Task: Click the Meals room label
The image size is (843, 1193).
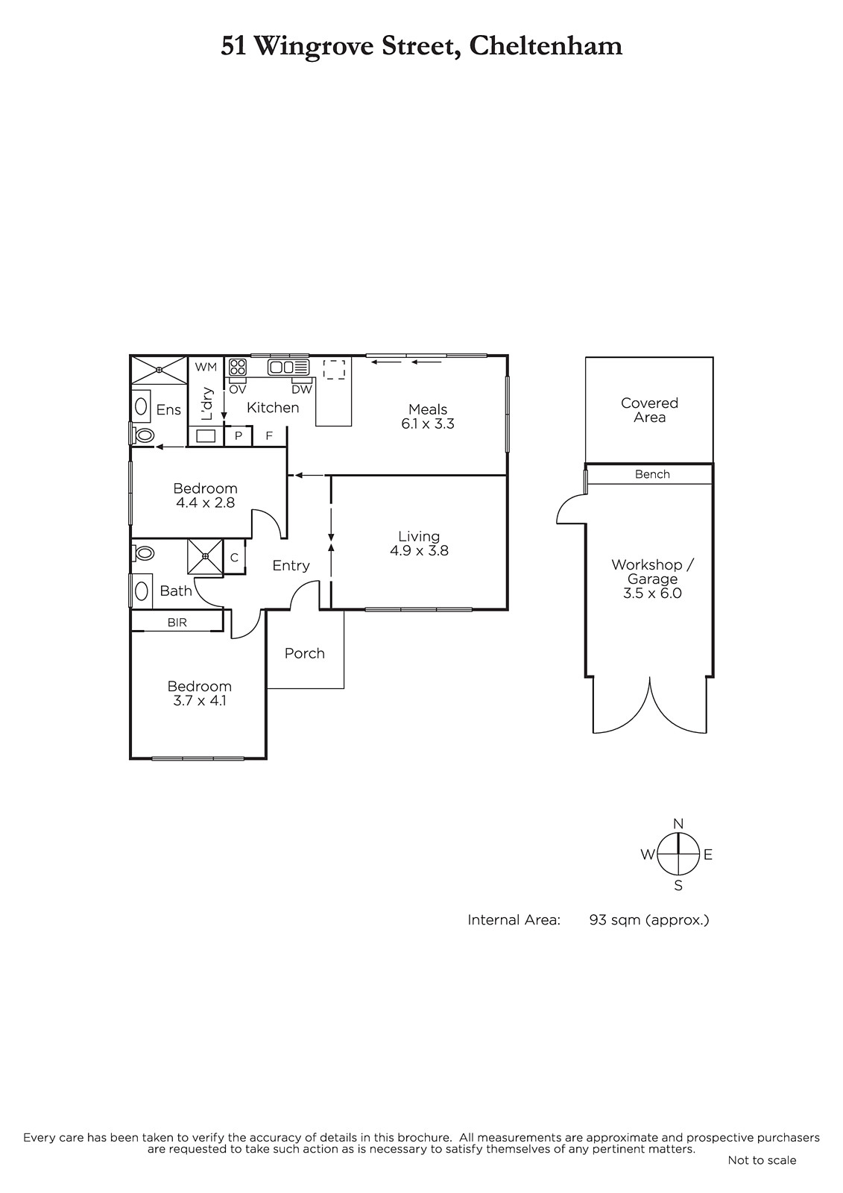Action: point(428,409)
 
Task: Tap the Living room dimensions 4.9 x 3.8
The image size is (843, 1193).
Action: point(419,551)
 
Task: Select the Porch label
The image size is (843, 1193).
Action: point(305,653)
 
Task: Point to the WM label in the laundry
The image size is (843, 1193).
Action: point(206,367)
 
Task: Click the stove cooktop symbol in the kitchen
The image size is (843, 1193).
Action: point(238,368)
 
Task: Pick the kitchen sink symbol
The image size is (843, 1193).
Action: point(288,368)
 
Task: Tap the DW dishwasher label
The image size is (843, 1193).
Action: point(302,389)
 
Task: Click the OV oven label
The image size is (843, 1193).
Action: point(238,389)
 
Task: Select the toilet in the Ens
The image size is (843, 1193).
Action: point(142,435)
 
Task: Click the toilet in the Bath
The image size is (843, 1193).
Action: point(142,553)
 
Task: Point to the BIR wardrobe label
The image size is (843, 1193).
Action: point(177,622)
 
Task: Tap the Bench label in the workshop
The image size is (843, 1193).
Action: point(652,474)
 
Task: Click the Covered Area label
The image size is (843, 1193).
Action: point(650,409)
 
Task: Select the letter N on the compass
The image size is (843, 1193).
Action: point(678,824)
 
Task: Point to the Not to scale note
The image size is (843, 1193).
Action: point(762,1160)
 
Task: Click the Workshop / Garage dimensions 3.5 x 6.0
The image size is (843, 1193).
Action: point(652,594)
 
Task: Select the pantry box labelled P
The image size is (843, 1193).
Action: point(238,435)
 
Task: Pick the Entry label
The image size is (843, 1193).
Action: point(291,566)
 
